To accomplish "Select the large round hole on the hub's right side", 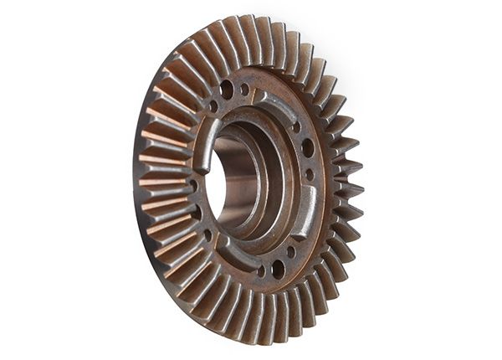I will click(x=308, y=148).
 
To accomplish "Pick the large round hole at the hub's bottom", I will click(x=277, y=269).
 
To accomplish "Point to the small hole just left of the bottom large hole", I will click(x=260, y=270).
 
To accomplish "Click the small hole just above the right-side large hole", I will click(x=297, y=127).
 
